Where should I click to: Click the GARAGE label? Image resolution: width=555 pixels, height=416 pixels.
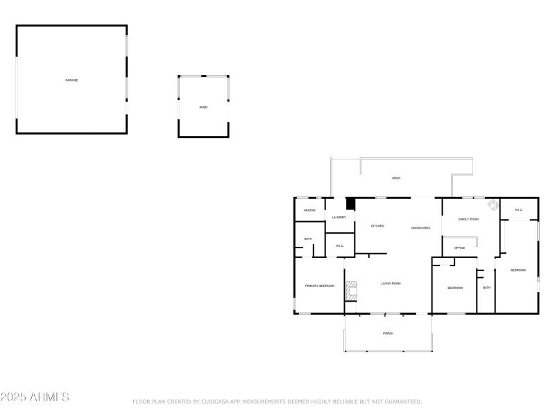pos(71,80)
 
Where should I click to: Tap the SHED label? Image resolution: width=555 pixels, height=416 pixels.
pos(203,107)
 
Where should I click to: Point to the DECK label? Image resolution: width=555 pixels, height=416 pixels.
pos(396,178)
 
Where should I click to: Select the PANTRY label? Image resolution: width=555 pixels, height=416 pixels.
pos(310,210)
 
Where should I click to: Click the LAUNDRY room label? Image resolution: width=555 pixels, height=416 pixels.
pos(339,218)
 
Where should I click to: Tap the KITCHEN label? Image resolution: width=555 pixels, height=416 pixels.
pos(377,226)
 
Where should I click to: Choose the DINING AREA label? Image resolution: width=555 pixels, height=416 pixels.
pos(421,228)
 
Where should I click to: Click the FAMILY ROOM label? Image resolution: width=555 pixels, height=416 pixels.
pos(469,219)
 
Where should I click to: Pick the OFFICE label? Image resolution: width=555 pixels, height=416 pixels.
pos(459,248)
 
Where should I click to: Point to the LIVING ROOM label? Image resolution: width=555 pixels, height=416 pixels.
pos(391,284)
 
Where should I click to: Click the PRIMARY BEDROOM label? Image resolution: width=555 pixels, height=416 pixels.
pos(320,286)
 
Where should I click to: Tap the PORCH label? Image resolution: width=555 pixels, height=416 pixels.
pos(388,333)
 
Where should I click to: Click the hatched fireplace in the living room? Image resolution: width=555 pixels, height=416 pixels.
pos(352,291)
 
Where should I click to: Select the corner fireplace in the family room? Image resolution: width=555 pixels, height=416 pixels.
pos(492,205)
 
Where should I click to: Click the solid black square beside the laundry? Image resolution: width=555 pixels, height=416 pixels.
pos(350,204)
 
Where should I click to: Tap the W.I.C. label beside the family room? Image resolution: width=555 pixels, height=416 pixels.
pos(518,209)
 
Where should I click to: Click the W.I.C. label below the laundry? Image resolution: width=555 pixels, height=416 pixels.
pos(340,245)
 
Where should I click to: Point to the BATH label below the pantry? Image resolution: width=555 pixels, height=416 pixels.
pos(307,239)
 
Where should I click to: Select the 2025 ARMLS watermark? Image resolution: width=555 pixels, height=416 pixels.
pos(35,397)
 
